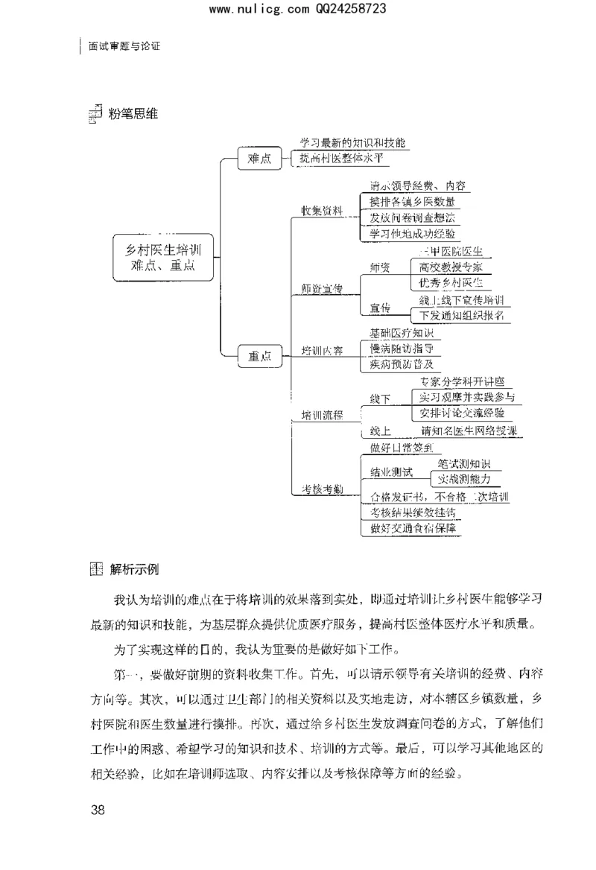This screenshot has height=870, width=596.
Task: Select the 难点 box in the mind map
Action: point(259,159)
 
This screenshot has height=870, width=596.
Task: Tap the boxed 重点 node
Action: point(259,356)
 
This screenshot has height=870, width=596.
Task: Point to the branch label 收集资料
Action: point(322,212)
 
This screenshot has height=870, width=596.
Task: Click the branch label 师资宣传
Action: point(322,289)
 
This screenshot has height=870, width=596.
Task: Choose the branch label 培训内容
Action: point(322,350)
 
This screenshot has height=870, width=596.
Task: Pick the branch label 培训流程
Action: point(322,416)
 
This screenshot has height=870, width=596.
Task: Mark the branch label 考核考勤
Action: point(322,489)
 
